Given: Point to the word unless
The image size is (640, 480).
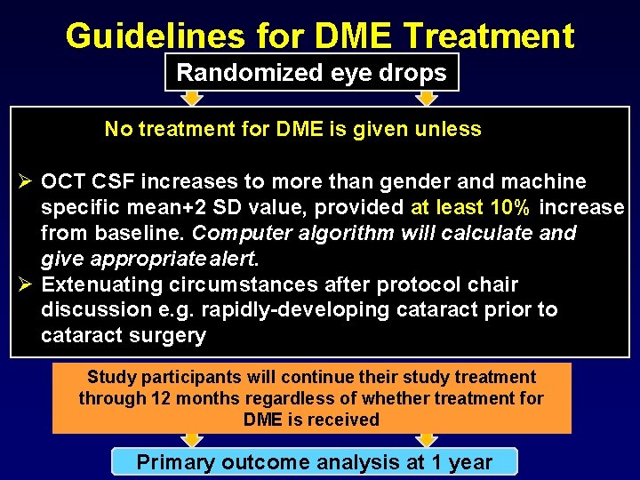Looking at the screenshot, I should click(451, 130).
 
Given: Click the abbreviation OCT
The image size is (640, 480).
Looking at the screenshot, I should click(62, 182).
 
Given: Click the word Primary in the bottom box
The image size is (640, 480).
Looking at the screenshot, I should click(174, 462).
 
